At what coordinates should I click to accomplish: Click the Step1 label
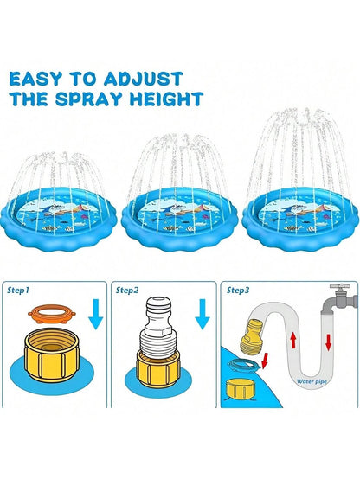[22, 291]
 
